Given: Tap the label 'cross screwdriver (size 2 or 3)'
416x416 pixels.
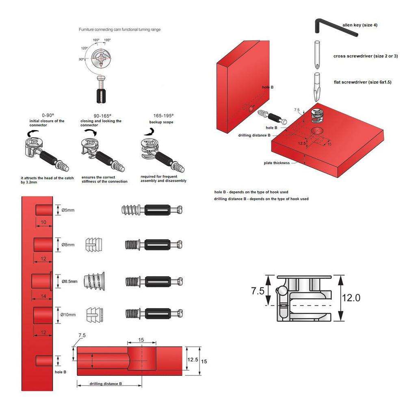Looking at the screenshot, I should [365, 56].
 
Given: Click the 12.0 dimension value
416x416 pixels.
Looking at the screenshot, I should [351, 298].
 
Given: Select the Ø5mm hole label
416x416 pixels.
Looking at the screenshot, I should [68, 210].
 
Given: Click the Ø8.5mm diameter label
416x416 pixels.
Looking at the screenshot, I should [69, 281].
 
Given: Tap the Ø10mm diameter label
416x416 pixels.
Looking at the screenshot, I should [68, 314].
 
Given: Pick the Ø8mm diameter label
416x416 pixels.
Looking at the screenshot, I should [68, 245].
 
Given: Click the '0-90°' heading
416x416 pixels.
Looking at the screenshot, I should [48, 115].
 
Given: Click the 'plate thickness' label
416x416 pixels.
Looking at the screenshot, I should [277, 163].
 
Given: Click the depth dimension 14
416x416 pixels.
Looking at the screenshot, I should [43, 296].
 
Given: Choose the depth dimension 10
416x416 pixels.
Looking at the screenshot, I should [43, 222].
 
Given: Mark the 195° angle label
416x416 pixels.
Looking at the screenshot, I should [107, 40].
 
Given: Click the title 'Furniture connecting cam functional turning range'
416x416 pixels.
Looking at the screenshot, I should [119, 30].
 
